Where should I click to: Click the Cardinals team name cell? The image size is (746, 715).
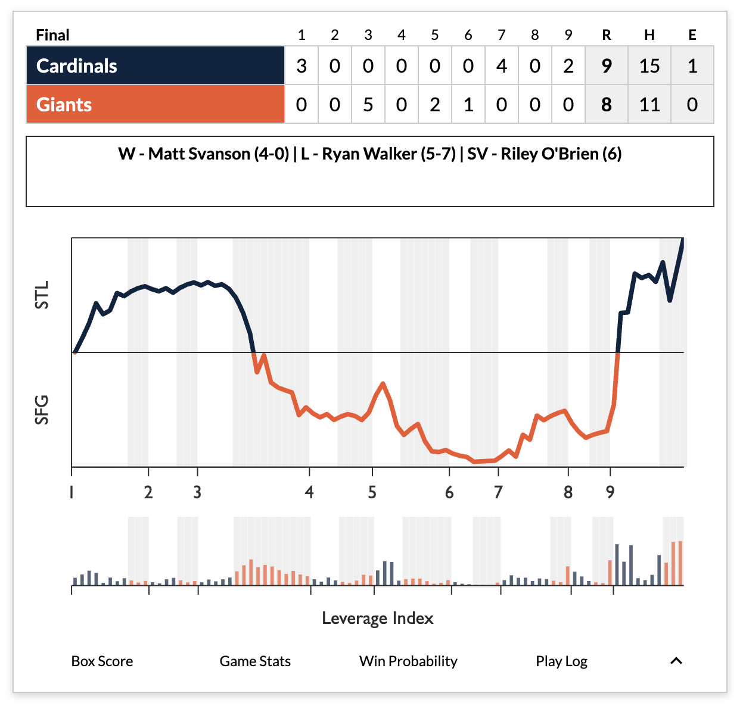point(155,65)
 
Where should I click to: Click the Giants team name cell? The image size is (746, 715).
point(155,104)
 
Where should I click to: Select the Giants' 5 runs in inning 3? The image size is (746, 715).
point(368,104)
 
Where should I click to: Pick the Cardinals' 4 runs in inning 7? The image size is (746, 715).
point(502,65)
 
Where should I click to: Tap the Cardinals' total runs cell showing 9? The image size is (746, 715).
point(607,65)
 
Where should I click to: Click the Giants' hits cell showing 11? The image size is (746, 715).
point(649,104)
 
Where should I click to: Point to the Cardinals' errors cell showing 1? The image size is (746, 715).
point(692,65)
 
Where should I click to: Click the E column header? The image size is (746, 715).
point(692,35)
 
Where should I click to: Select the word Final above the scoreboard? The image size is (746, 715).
point(52,35)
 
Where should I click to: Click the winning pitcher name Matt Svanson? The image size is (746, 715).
point(200,154)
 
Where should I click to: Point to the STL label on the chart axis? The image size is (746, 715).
point(42,295)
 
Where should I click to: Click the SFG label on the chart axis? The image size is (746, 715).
point(42,410)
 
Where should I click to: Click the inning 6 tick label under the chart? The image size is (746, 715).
point(449,492)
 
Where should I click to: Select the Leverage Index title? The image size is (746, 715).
point(377,619)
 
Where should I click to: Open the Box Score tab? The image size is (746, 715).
point(102,661)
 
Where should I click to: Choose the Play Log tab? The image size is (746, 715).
point(561,661)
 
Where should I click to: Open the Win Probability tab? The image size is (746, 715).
point(408,661)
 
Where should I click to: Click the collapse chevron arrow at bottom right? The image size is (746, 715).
point(676,661)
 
